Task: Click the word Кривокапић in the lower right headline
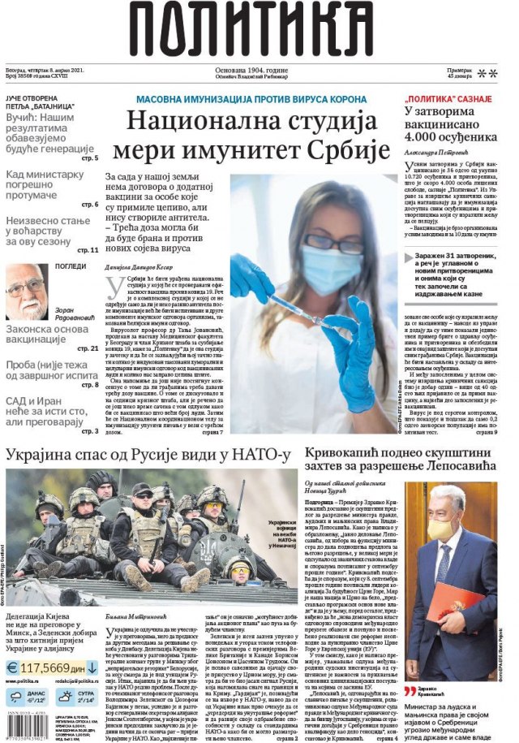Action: click(346, 453)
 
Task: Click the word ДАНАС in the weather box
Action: click(39, 692)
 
